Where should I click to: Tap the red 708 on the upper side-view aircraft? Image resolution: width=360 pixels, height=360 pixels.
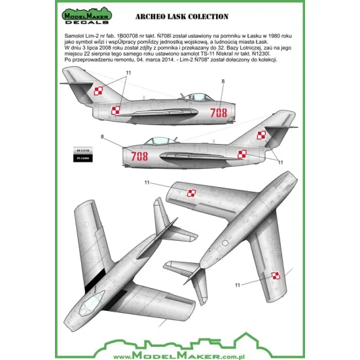(219, 112)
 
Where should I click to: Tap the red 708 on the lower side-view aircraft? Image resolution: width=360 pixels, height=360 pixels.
(139, 156)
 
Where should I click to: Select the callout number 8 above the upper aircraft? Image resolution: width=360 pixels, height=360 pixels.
(223, 81)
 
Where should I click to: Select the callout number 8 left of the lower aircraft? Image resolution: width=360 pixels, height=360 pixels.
(101, 136)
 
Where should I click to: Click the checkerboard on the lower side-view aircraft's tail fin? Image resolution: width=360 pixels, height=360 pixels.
(261, 135)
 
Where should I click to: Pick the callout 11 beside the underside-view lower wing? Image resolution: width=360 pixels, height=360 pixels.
(238, 285)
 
